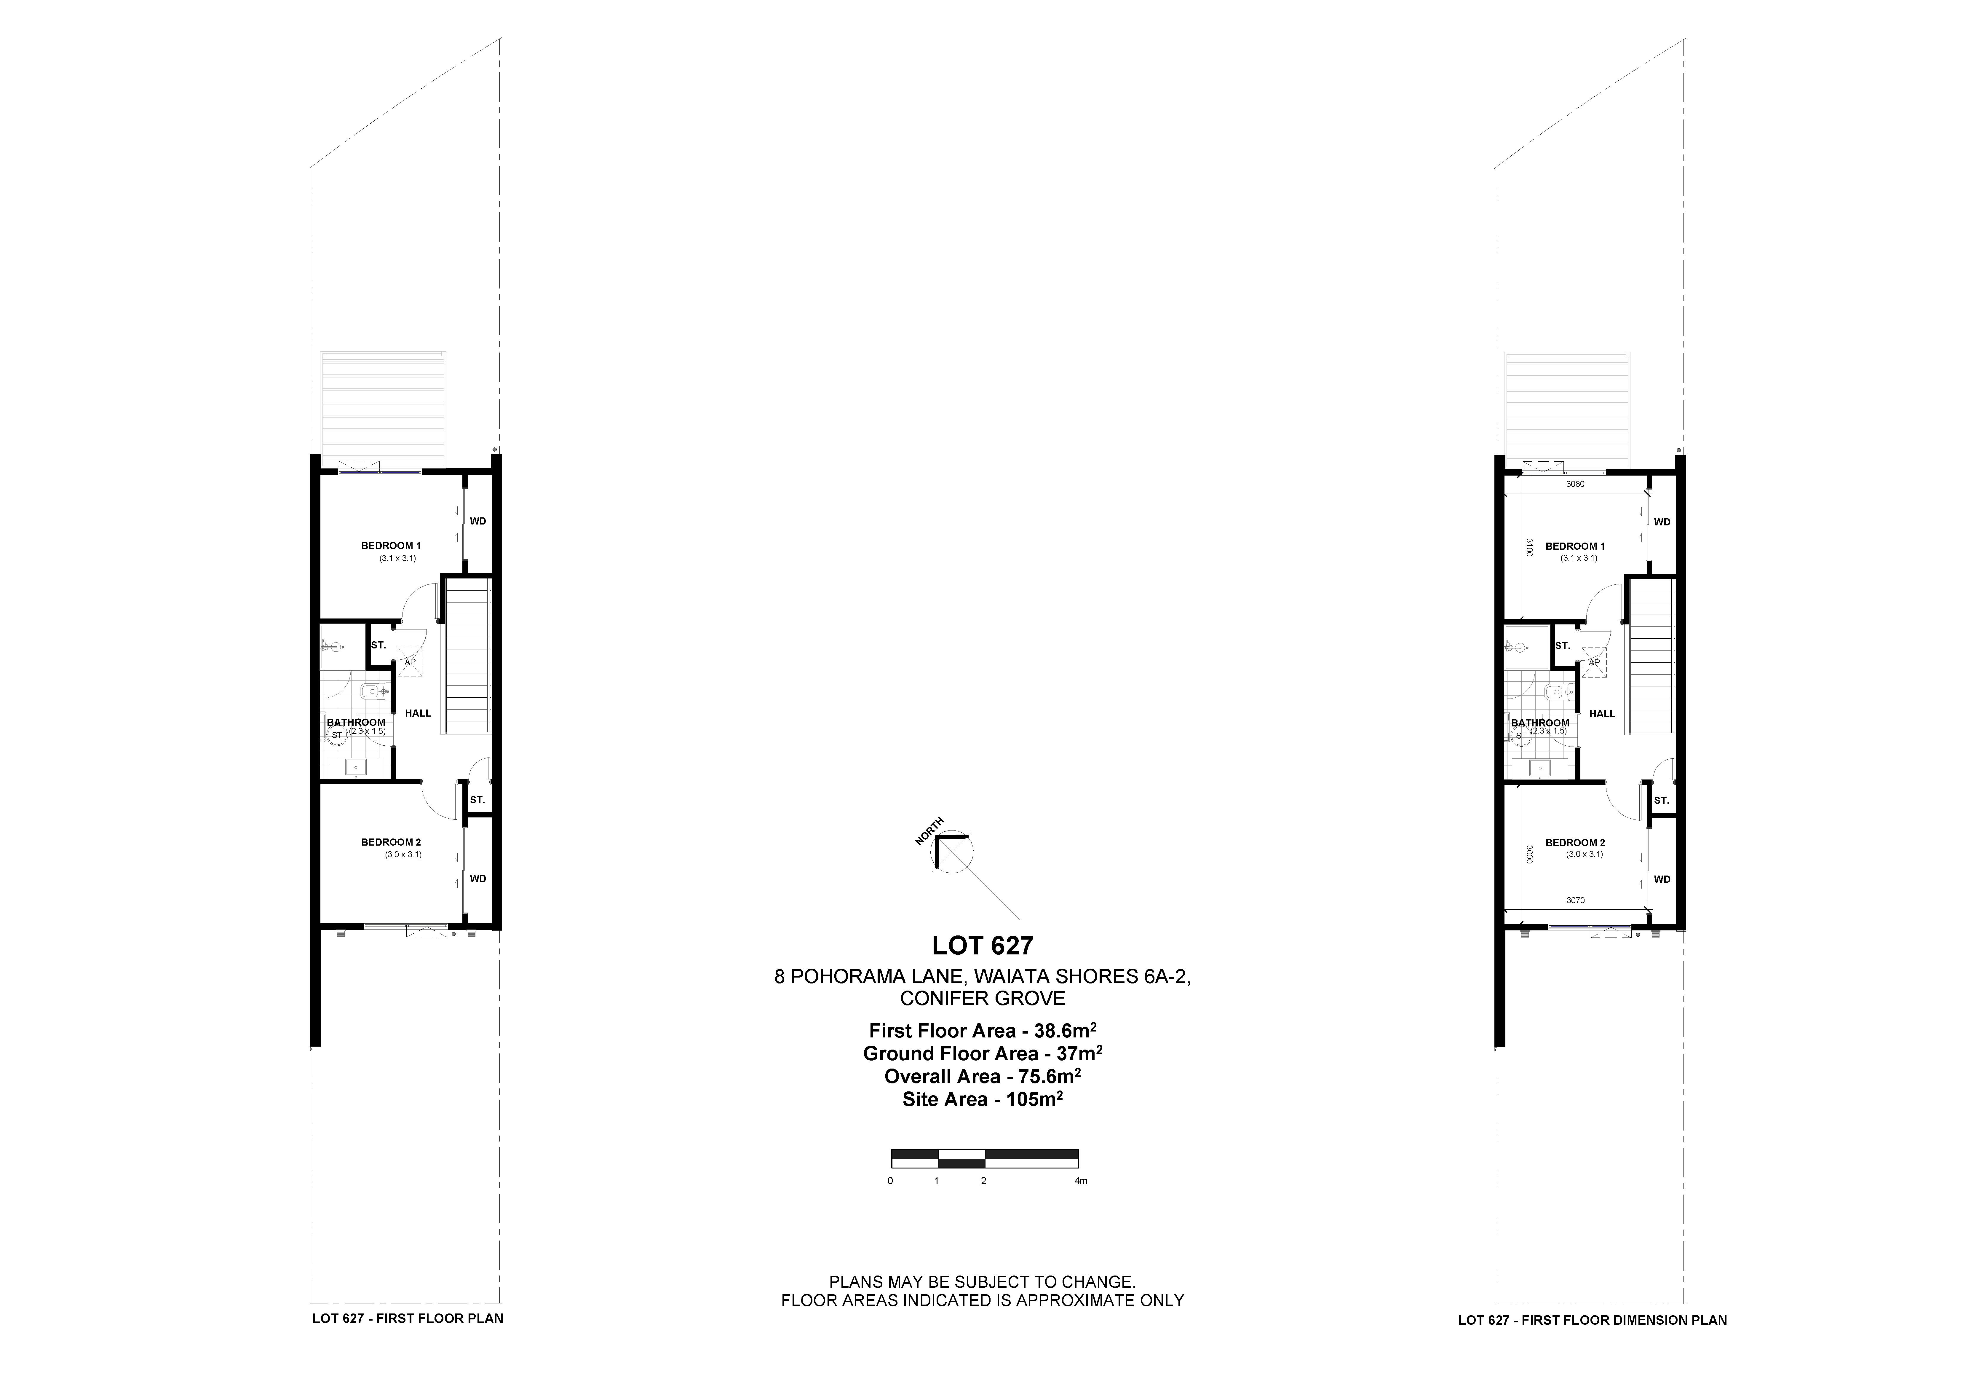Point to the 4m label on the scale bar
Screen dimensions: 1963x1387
1081,1181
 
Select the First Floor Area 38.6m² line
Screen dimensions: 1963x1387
982,1030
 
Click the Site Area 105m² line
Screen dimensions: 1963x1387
982,1100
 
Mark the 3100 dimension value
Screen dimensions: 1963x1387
1529,547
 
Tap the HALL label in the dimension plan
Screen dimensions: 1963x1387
1602,714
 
